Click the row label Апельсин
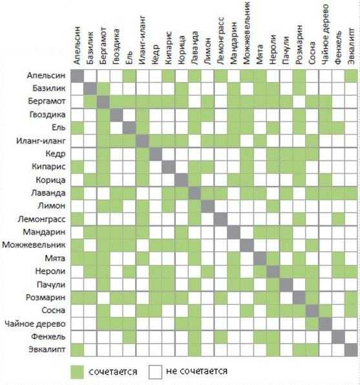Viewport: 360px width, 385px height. point(46,75)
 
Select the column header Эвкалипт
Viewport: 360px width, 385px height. point(351,46)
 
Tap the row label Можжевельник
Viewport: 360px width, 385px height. point(34,245)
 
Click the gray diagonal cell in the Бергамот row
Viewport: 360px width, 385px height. point(103,102)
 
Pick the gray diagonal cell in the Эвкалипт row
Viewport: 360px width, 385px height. point(351,350)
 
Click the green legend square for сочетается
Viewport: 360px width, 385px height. point(77,372)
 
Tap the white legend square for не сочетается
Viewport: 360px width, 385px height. point(155,372)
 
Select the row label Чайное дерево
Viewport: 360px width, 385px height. point(35,324)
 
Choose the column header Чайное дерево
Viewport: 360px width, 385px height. point(325,34)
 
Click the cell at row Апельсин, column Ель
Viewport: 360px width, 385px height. point(129,76)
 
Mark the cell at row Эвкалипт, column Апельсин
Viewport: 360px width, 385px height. point(77,350)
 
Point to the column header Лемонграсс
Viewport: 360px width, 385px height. point(220,41)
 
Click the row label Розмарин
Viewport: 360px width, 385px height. point(46,298)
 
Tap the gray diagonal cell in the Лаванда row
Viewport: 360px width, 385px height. point(195,193)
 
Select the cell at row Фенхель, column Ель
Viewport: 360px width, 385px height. point(129,337)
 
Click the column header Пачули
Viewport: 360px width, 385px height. point(286,50)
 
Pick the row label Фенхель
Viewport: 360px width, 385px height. point(48,336)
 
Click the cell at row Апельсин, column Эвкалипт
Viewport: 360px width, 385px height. point(351,76)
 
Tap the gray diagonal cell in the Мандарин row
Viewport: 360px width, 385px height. point(233,232)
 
